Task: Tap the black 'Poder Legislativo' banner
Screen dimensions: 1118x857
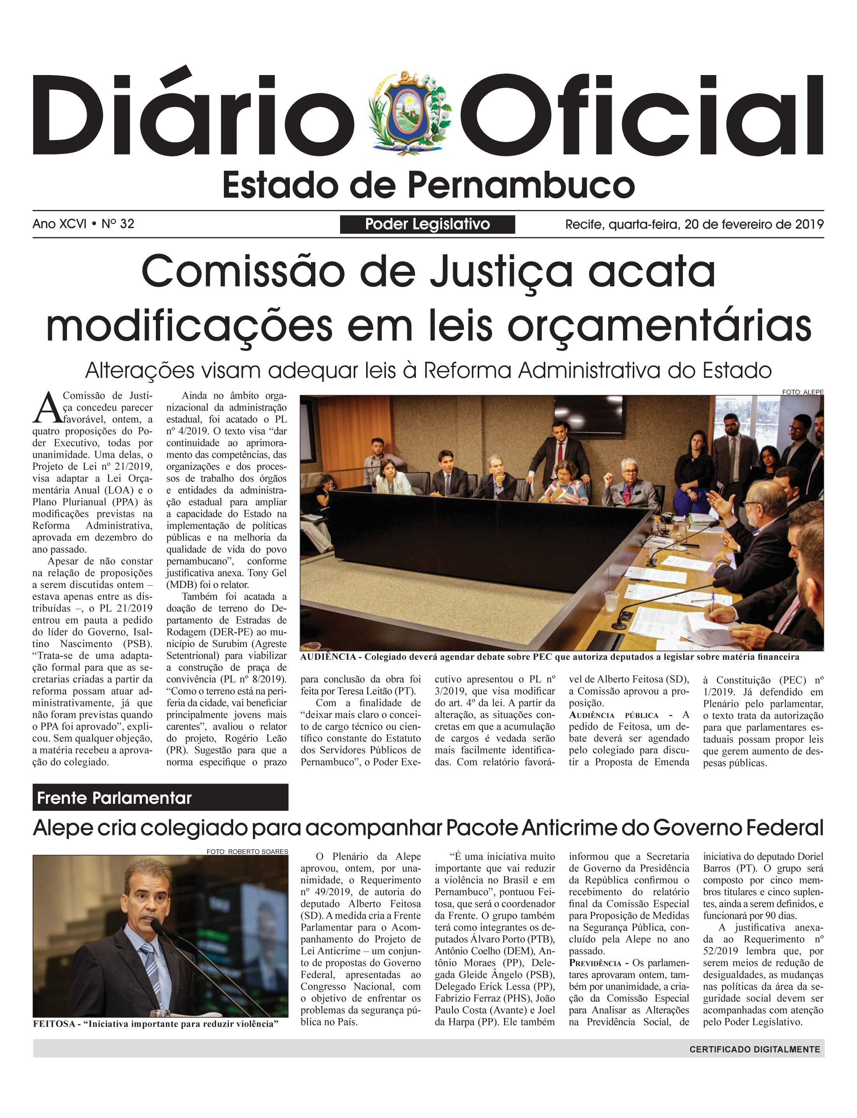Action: (427, 224)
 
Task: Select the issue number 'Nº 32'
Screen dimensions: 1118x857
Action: (118, 224)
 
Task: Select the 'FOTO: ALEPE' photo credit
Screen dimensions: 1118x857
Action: (803, 392)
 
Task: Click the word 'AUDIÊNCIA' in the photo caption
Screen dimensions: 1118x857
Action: (328, 657)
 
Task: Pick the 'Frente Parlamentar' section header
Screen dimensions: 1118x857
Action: (115, 798)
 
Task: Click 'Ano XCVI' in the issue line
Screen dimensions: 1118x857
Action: (59, 224)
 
